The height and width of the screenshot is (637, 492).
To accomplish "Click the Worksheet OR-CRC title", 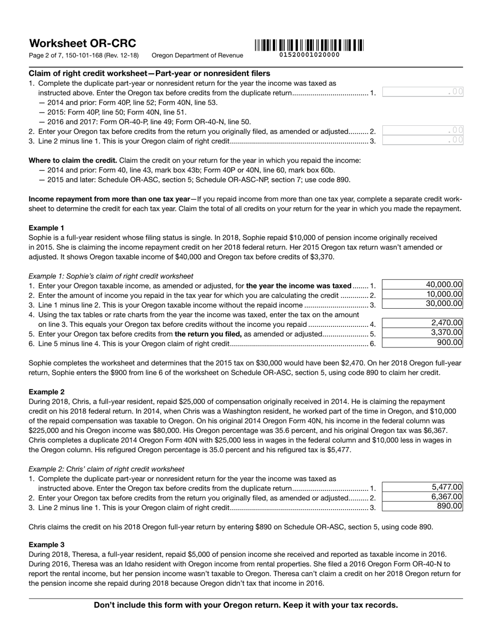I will tap(82, 44).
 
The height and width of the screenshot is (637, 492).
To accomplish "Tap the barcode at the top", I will tap(309, 45).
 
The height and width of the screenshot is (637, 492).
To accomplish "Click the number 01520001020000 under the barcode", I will tap(309, 55).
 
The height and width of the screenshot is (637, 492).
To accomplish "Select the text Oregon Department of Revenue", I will tap(197, 55).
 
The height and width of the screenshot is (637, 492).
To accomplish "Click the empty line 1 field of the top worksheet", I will tap(423, 92).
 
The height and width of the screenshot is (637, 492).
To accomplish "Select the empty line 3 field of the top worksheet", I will tap(423, 140).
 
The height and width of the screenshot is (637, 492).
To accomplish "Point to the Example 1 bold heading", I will tap(47, 228).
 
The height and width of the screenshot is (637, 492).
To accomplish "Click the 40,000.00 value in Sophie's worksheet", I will tap(423, 285).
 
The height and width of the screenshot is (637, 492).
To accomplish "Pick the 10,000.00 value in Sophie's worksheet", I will tap(423, 294).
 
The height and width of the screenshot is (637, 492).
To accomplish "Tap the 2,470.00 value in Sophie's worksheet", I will tap(423, 323).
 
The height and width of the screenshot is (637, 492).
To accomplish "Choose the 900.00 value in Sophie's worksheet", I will tap(423, 342).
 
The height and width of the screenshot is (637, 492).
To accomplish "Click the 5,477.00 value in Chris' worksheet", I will tap(423, 487).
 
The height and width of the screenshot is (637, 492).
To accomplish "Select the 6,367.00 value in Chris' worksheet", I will tap(423, 497).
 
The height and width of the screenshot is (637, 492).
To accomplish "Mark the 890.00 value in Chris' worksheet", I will tap(423, 506).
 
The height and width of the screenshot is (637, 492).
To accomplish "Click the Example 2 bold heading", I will tap(47, 392).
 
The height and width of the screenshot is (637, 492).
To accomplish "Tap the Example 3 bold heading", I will tap(47, 545).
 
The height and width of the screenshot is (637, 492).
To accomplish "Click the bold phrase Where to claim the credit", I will tap(73, 161).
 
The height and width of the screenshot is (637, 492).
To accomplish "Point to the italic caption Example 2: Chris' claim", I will tap(106, 469).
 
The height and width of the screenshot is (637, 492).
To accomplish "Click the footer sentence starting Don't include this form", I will tap(246, 605).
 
